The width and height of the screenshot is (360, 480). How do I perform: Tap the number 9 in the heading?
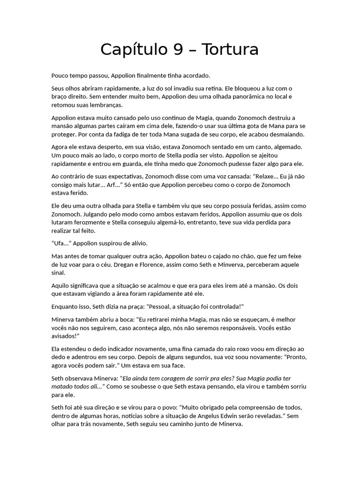[179, 50]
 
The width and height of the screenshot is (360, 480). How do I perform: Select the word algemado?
[286, 147]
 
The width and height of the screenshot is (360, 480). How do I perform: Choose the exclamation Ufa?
[60, 243]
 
